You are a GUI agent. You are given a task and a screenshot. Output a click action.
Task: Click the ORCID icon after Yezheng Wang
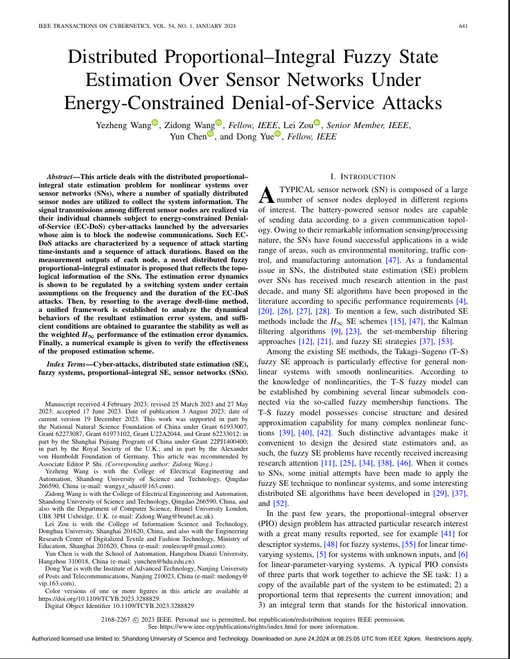(x=155, y=123)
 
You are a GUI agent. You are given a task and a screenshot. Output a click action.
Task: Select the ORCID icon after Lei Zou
(x=316, y=123)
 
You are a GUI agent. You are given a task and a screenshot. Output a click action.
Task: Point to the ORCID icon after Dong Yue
(x=277, y=135)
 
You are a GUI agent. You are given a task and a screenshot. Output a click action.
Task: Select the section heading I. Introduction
(x=363, y=177)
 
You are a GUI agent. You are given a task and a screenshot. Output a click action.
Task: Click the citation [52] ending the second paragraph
(x=281, y=503)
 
